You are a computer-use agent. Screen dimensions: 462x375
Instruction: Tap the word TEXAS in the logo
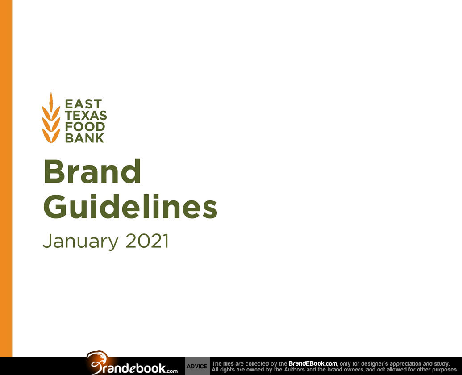coord(86,116)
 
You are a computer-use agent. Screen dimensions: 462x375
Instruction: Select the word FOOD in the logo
coord(85,127)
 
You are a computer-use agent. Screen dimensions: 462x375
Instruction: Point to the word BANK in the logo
coord(84,138)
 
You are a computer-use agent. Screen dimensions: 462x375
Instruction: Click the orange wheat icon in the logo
coord(51,118)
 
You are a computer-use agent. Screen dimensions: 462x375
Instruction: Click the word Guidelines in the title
coord(130,206)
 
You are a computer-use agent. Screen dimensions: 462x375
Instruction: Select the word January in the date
coord(80,242)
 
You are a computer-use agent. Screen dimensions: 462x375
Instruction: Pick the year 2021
coord(147,241)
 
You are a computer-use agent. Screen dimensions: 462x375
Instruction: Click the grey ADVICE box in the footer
coord(197,366)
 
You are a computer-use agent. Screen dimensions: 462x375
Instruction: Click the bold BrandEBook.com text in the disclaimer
coord(312,364)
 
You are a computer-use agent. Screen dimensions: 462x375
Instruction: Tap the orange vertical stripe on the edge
coord(6,179)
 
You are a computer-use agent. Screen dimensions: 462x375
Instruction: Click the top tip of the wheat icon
coord(51,93)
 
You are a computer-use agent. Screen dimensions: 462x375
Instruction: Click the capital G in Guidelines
coord(55,206)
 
